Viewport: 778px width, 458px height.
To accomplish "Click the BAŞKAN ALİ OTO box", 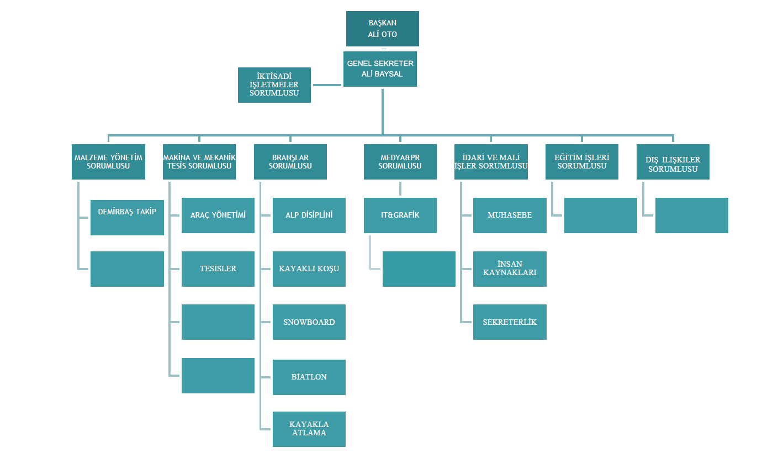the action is [x=383, y=29].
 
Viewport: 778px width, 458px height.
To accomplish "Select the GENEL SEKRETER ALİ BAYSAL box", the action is [x=380, y=69].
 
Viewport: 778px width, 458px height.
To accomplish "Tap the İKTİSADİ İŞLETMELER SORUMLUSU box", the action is [x=274, y=85].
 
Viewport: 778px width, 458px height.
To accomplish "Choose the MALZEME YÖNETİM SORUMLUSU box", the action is [x=108, y=161].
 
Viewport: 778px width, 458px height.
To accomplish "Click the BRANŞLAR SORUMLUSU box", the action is [x=290, y=161].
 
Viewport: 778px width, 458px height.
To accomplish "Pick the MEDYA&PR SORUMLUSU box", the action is [x=400, y=161].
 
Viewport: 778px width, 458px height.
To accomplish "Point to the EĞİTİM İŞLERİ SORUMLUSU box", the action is [x=582, y=161].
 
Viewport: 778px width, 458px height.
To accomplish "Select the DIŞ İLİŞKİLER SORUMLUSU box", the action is [x=673, y=161].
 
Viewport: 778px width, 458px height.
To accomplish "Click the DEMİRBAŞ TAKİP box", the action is [x=127, y=218].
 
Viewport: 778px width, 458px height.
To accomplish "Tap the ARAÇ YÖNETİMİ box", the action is [x=218, y=215].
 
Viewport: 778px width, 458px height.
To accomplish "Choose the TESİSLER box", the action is [x=218, y=269].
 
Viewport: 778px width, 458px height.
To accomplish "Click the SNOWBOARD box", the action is [x=309, y=322].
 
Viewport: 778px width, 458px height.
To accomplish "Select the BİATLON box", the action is [x=309, y=377].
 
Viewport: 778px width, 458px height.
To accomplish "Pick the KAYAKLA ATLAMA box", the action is [x=309, y=429].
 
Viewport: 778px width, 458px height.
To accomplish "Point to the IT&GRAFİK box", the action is [x=400, y=215].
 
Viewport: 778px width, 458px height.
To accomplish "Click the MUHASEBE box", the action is [x=510, y=215].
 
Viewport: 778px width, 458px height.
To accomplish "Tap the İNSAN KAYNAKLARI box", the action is [x=510, y=269].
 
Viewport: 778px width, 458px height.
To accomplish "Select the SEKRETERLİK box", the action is [x=510, y=322].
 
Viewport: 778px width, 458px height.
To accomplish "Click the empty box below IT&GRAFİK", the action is [x=419, y=269].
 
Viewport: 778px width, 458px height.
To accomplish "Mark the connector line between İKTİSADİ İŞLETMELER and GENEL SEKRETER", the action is [x=327, y=85].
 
